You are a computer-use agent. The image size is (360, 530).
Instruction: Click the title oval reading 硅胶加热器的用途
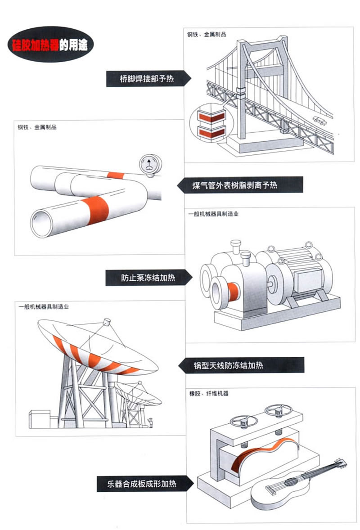click(x=50, y=44)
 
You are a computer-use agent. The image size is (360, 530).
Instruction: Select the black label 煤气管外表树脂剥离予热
click(x=239, y=184)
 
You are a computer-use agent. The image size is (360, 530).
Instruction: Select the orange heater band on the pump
click(x=234, y=293)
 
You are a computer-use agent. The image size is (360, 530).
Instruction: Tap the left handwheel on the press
click(x=240, y=422)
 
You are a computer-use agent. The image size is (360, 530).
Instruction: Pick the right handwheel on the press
click(x=275, y=410)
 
